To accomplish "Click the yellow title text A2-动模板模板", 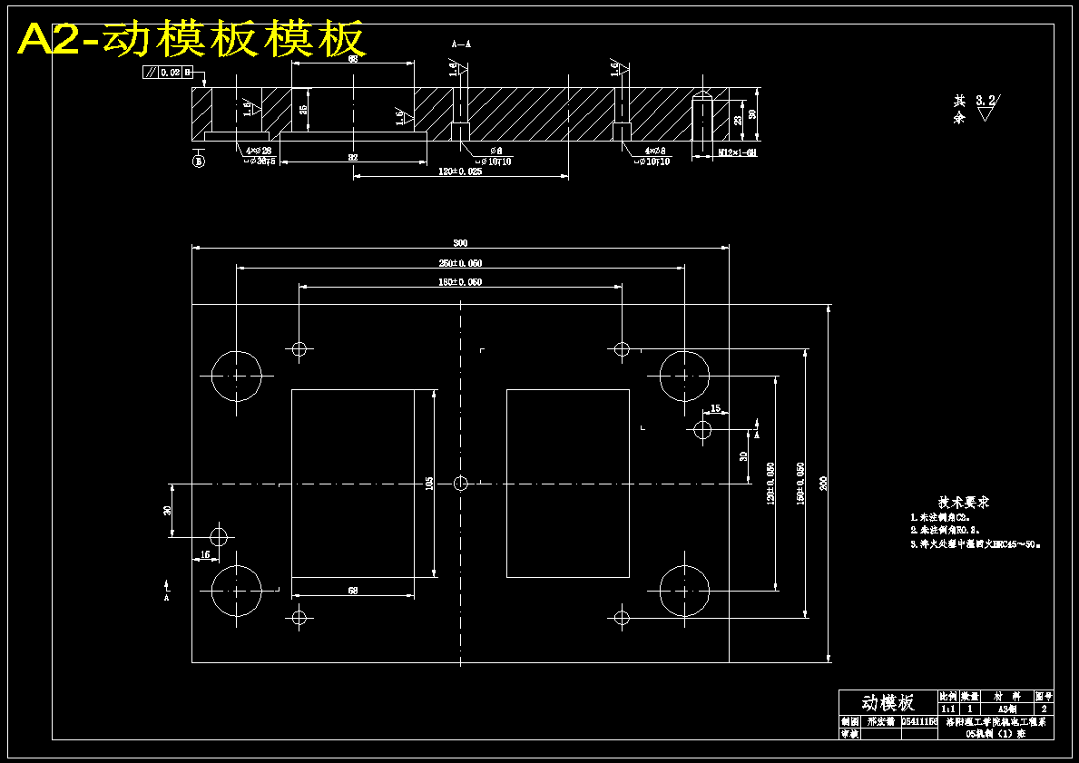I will (191, 39).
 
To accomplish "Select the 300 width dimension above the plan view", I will (460, 242).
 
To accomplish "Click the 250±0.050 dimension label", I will (460, 263).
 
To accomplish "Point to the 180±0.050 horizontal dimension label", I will (460, 282).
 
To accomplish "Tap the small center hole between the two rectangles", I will (460, 483).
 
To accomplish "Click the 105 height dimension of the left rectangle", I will (429, 483).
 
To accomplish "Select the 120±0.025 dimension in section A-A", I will (460, 171).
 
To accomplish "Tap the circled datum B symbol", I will (199, 161).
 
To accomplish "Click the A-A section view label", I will (461, 44).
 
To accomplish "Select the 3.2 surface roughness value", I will (985, 101).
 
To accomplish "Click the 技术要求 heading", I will (963, 502).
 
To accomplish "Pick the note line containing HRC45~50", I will (976, 544).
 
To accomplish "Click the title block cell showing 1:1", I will (947, 708).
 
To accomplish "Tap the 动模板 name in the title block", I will (888, 702).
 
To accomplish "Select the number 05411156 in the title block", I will (918, 721).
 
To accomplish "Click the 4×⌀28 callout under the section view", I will (259, 151).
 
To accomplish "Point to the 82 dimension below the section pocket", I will (353, 158).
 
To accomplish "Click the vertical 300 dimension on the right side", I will (823, 483).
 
